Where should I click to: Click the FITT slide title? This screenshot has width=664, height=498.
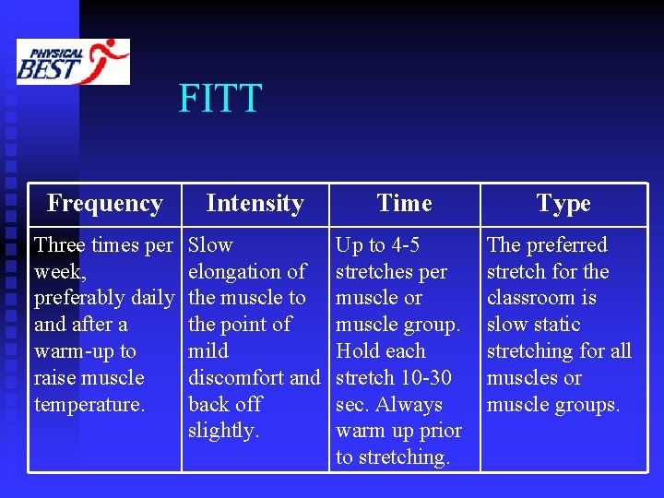click(x=220, y=99)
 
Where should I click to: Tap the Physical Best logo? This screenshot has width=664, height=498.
click(x=73, y=62)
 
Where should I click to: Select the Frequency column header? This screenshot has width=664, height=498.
click(x=104, y=203)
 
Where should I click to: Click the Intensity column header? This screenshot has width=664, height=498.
click(x=255, y=203)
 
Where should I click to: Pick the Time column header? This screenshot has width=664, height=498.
click(x=404, y=203)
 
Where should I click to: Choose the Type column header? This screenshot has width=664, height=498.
click(x=563, y=203)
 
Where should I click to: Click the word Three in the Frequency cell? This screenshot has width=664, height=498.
click(x=60, y=245)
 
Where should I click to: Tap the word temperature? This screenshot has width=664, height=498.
click(x=89, y=404)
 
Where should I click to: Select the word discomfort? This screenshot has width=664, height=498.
click(x=236, y=377)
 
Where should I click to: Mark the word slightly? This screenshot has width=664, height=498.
click(x=221, y=431)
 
